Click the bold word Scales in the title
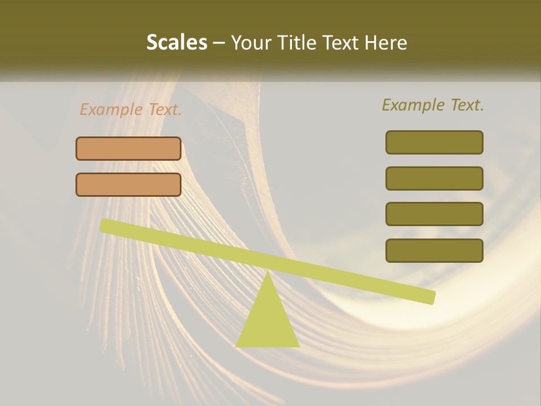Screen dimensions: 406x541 (176, 42)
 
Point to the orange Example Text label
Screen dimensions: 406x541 (131, 109)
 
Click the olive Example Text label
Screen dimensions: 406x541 (433, 105)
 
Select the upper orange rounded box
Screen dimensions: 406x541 (128, 148)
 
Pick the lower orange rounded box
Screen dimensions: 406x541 (128, 184)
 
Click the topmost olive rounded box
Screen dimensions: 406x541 (434, 142)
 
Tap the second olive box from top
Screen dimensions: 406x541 (434, 178)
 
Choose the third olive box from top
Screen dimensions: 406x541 (434, 214)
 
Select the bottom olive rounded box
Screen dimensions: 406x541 (434, 250)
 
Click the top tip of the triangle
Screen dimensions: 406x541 (268, 273)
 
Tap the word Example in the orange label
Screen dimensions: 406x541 (112, 109)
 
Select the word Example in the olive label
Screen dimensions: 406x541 (414, 105)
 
